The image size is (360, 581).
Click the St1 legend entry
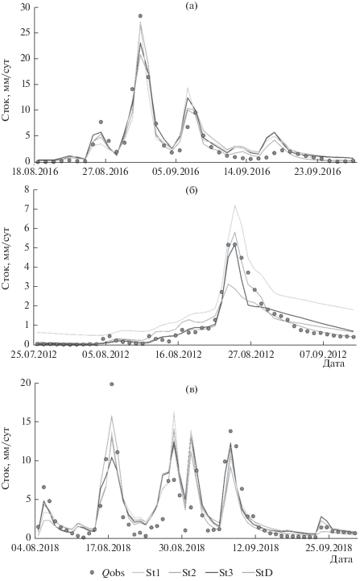pos(147,573)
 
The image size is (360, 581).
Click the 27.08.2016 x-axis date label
pos(106,172)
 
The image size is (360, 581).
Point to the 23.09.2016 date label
pos(317,172)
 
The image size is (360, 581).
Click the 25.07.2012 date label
pos(34,355)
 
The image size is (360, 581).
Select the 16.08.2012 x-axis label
pos(180,355)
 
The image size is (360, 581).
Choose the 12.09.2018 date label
pos(254,548)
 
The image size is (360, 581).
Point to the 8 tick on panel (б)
pos(27,189)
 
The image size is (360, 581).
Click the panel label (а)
pos(192,6)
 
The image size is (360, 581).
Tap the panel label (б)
pos(192,190)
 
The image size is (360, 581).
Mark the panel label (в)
pos(192,389)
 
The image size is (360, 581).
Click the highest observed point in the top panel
pos(140,16)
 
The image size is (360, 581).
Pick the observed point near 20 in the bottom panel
pos(111,384)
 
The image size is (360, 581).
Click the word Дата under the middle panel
pos(333,363)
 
